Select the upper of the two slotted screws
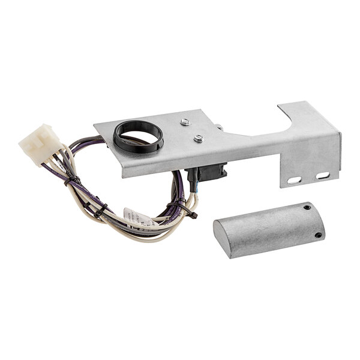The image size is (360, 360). [x=186, y=122]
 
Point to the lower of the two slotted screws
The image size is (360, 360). [x=199, y=139]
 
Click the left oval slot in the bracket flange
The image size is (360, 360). [x=294, y=179]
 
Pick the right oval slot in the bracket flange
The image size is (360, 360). [x=322, y=176]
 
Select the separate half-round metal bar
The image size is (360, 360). [x=270, y=229]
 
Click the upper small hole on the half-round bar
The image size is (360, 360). [x=308, y=208]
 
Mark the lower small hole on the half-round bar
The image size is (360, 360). [x=318, y=235]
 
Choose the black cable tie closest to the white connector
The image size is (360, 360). [x=73, y=179]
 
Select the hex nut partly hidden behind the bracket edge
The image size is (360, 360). [x=220, y=127]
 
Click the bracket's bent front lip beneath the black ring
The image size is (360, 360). [x=150, y=166]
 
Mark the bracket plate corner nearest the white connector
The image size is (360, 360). [x=96, y=126]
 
